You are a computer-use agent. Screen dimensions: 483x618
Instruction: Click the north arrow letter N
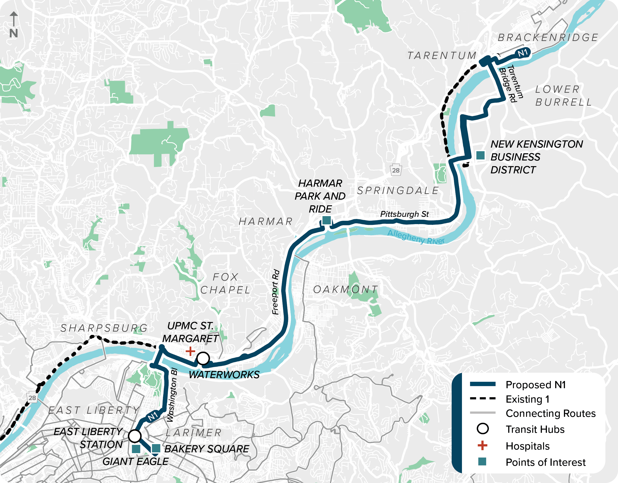14,33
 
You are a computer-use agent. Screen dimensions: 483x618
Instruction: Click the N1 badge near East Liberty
152,416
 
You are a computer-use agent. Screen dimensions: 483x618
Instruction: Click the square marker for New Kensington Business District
480,155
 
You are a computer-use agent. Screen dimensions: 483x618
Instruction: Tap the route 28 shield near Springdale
396,170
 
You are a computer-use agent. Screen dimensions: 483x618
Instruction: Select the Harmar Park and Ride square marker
327,220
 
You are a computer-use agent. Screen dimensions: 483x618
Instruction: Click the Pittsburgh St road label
404,214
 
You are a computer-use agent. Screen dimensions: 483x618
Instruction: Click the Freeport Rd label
275,292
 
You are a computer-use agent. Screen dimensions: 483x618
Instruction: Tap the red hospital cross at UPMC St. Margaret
190,351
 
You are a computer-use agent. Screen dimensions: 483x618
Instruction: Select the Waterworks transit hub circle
203,358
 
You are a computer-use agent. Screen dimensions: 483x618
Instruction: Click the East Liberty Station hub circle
135,436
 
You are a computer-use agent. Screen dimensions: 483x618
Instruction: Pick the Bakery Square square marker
156,448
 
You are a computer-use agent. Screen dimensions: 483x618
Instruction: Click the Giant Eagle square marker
136,449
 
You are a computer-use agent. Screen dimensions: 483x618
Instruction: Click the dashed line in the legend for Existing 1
483,398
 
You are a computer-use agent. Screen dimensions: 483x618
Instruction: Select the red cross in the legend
482,445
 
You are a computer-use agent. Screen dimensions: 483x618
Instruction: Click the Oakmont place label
346,289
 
